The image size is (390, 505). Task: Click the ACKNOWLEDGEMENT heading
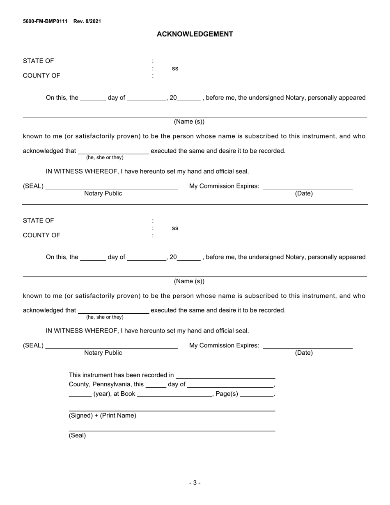[195, 34]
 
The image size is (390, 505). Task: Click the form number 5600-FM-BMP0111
[45, 21]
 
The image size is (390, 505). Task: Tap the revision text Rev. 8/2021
[87, 21]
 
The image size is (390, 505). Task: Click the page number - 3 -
[195, 483]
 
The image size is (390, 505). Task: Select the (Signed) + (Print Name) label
[102, 415]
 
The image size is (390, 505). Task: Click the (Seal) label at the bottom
[77, 436]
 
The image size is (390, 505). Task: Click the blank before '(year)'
[80, 393]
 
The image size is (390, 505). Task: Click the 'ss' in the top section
[175, 69]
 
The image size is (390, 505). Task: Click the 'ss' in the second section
[175, 228]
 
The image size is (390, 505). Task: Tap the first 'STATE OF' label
[38, 61]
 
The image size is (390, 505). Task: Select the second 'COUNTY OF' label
[41, 235]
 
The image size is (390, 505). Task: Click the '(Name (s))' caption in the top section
[189, 122]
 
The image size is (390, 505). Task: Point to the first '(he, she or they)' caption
[105, 158]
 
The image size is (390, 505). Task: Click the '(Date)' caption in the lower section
[303, 353]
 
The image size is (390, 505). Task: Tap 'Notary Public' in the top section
[103, 193]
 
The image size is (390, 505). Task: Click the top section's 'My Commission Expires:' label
[224, 186]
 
